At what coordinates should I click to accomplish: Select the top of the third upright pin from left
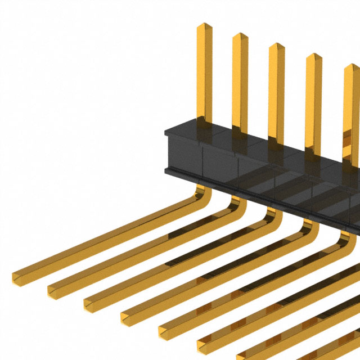click(277, 46)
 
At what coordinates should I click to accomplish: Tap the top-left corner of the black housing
click(166, 131)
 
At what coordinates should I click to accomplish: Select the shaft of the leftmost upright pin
click(204, 73)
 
